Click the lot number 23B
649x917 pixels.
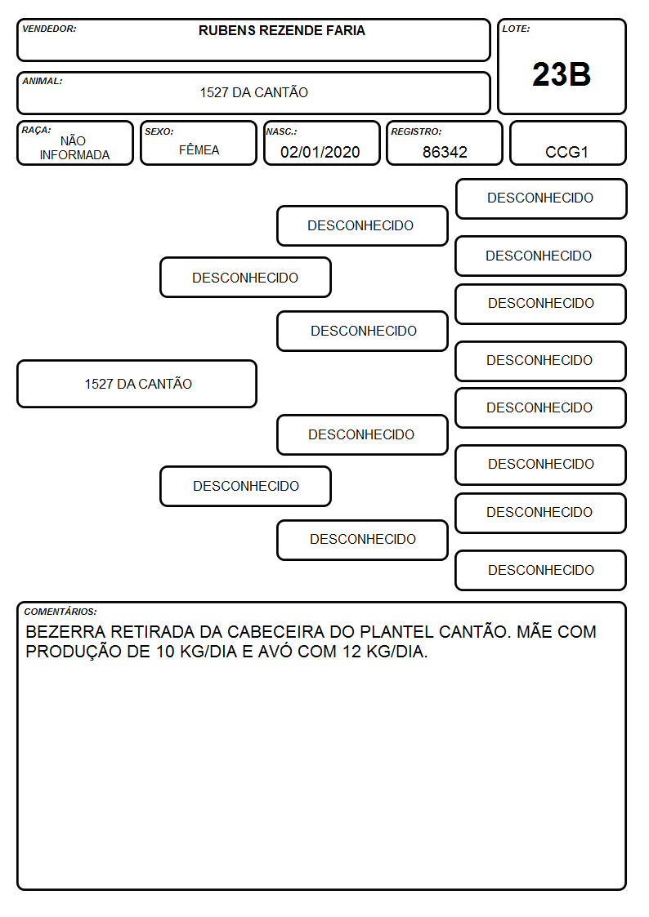tap(562, 74)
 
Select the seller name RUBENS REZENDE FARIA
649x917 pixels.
tap(281, 30)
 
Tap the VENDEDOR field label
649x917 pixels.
tap(49, 29)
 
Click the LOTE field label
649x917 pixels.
tap(516, 29)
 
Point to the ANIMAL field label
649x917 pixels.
tap(43, 82)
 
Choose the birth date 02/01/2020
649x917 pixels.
tap(320, 152)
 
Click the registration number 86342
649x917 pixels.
tap(445, 152)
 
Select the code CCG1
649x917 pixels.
tap(566, 152)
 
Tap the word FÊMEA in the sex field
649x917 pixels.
tap(199, 149)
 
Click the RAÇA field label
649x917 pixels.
tap(36, 130)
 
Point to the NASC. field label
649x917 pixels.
tap(281, 131)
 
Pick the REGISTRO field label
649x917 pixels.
tap(416, 131)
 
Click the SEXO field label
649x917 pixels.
tap(159, 131)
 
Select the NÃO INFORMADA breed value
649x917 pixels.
tap(74, 148)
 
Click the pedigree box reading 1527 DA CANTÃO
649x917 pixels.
tap(137, 384)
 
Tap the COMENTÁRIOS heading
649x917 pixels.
tap(60, 612)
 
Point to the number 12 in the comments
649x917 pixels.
tap(351, 652)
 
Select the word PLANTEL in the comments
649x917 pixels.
tap(396, 631)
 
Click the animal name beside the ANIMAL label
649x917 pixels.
tap(254, 92)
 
